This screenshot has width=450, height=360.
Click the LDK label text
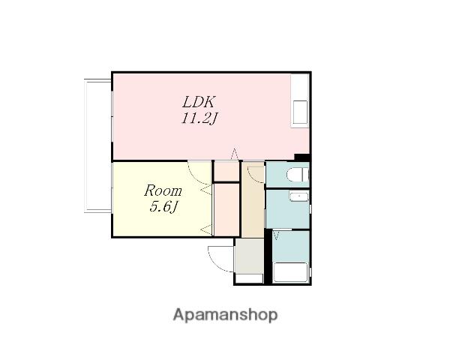coord(199,102)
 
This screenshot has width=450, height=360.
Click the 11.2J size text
coord(199,118)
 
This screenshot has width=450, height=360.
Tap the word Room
coord(163,191)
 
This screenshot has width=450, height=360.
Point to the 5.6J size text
coord(163,206)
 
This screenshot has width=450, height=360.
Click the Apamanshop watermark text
coord(225,315)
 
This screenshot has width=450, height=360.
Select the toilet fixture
coord(297,175)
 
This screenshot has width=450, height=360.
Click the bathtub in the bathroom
coord(291,272)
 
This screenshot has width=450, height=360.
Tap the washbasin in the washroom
coord(299,197)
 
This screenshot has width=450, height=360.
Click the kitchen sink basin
coord(300,112)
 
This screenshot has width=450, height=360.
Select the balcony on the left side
coord(97,145)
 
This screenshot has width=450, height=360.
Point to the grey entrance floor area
coord(250,256)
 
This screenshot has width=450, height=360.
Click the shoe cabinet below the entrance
coord(250,278)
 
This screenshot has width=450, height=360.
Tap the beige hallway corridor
coord(253,199)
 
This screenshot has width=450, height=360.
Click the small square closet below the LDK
coord(226,172)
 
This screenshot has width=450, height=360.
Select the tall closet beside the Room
coord(226,209)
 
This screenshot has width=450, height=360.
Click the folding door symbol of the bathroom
coord(277,235)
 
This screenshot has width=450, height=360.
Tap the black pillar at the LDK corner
coord(302,157)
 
